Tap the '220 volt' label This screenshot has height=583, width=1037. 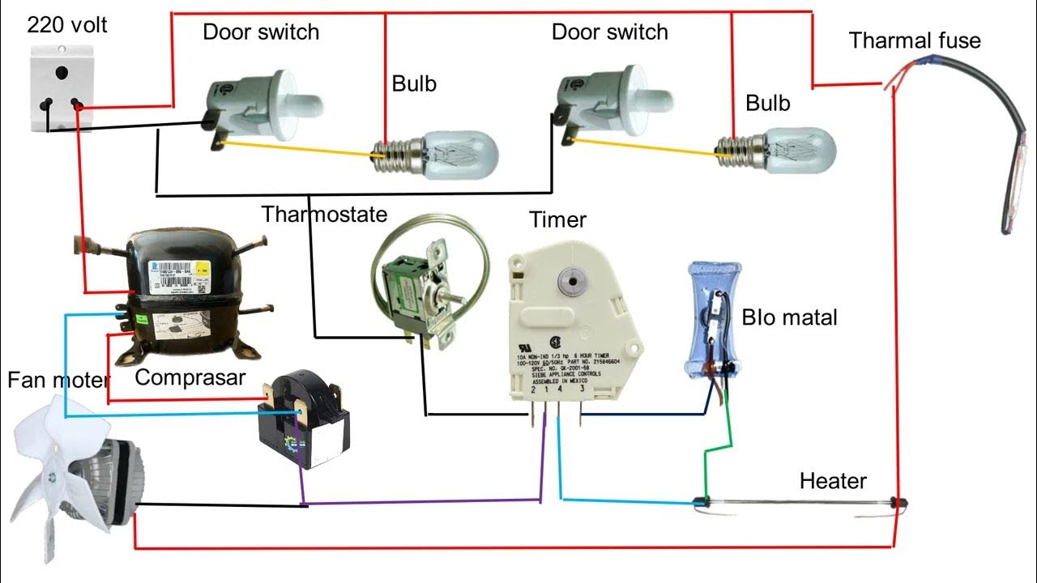pyautogui.click(x=67, y=25)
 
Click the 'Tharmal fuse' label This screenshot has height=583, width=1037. pyautogui.click(x=915, y=40)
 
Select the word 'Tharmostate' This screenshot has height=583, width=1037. pyautogui.click(x=324, y=215)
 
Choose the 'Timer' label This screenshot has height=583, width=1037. pyautogui.click(x=557, y=219)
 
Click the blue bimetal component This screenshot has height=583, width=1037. pyautogui.click(x=713, y=320)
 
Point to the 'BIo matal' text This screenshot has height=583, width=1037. pyautogui.click(x=789, y=317)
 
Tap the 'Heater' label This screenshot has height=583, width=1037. pyautogui.click(x=833, y=481)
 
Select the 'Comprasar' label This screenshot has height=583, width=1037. pyautogui.click(x=190, y=377)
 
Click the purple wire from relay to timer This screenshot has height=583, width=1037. pyautogui.click(x=421, y=504)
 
